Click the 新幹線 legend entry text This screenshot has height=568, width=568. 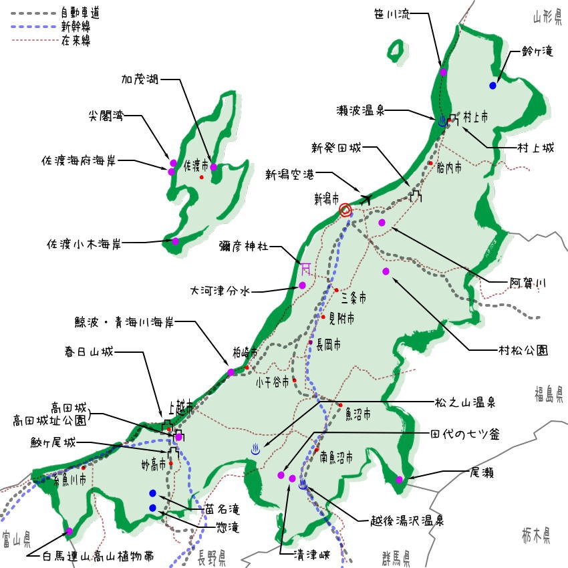76,27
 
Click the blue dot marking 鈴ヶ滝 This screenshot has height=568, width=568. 492,86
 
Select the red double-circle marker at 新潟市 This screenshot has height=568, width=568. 345,210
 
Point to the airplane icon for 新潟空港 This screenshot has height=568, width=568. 366,198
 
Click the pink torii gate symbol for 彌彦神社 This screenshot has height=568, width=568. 305,268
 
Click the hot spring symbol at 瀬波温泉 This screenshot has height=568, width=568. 442,122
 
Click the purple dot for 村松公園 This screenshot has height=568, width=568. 386,271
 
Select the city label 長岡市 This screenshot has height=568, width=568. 328,344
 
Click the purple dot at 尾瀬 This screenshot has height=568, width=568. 399,479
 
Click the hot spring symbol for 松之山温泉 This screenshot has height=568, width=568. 255,449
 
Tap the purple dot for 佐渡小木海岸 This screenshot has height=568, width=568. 175,241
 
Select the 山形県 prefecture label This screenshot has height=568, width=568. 547,17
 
